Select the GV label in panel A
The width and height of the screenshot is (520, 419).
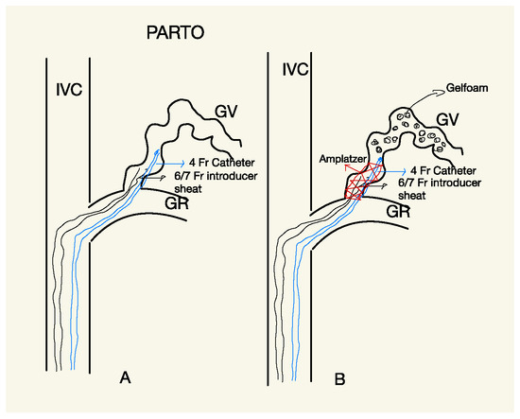point(225,112)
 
